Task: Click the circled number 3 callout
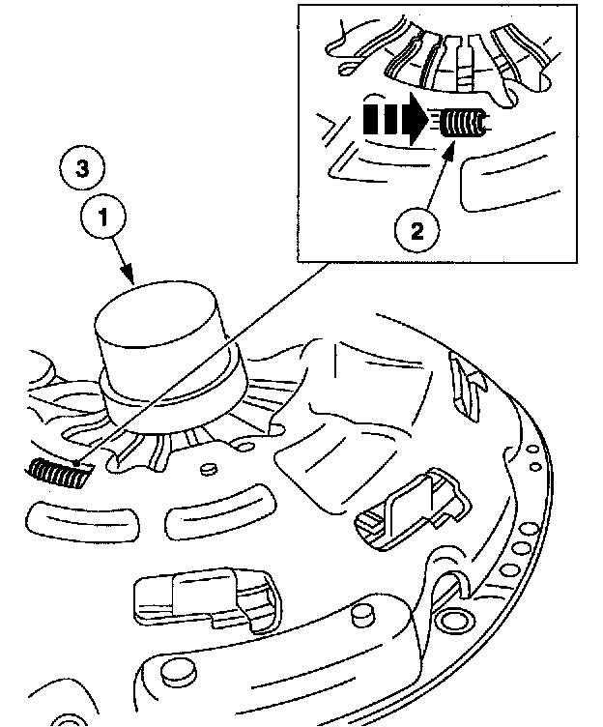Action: point(83,168)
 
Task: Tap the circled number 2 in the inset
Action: point(416,230)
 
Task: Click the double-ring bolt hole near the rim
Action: point(451,618)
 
